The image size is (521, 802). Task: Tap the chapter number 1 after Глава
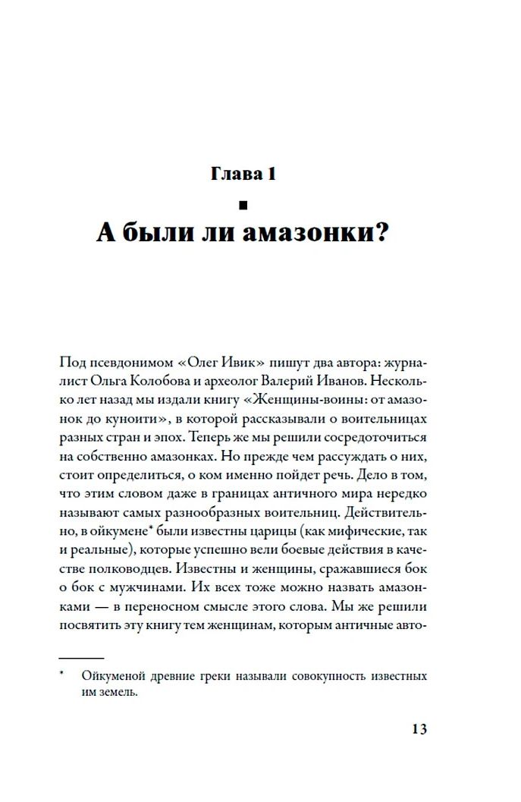click(269, 175)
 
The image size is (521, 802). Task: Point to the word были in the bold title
click(158, 233)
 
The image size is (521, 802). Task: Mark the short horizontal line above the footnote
click(81, 657)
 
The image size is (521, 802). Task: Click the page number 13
click(419, 730)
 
